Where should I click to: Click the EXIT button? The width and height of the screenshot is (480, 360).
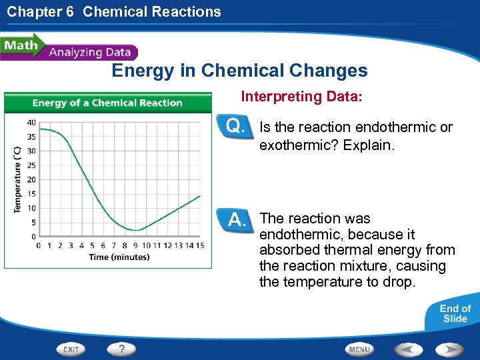(71, 349)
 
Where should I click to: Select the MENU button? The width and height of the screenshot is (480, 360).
(359, 349)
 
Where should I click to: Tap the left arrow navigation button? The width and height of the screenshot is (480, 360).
(408, 349)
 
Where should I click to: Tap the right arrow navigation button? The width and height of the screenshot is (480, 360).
(450, 349)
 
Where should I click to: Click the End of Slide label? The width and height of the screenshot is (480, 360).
(455, 313)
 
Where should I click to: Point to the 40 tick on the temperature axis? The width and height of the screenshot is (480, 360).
(31, 123)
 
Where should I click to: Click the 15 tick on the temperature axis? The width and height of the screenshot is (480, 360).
(31, 194)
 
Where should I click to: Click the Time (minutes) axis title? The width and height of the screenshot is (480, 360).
(119, 257)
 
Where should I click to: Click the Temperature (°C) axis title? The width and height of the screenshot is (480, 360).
(18, 179)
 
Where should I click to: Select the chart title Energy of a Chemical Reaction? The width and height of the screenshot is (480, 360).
(107, 103)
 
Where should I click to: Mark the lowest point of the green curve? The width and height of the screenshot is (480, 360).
(136, 230)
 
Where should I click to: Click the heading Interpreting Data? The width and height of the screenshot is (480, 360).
(301, 97)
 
